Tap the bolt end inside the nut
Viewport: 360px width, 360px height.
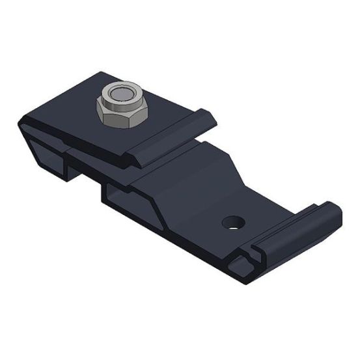point(118,95)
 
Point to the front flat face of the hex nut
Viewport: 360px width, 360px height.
point(111,115)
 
